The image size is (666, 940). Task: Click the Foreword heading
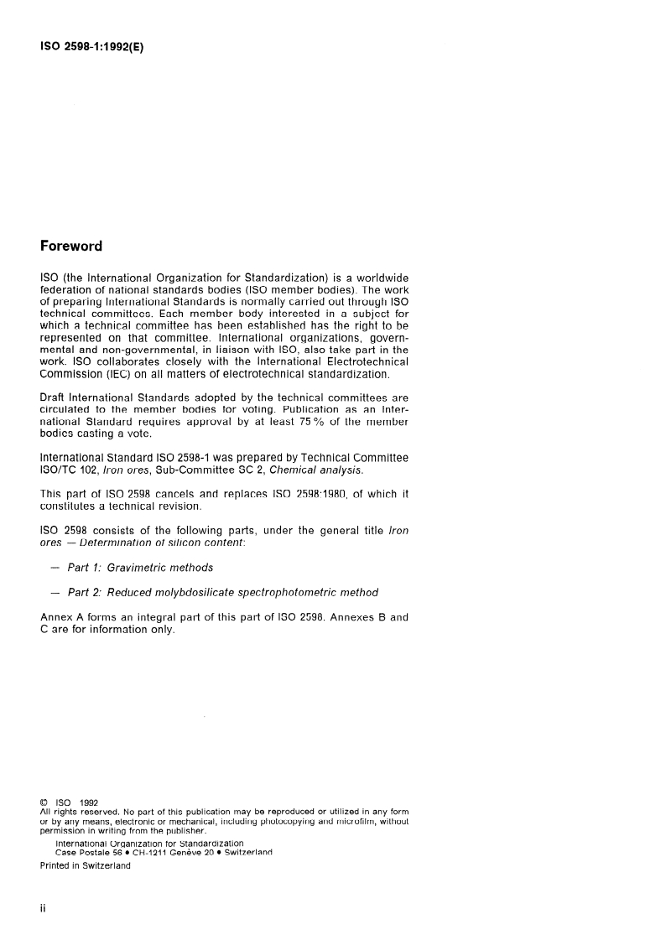point(71,247)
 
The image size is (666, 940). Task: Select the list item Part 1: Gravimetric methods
point(134,568)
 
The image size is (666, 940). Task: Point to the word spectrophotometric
point(305,593)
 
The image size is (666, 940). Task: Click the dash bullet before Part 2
point(55,593)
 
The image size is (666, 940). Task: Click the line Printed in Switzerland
point(86,866)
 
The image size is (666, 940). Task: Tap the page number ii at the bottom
point(44,910)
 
